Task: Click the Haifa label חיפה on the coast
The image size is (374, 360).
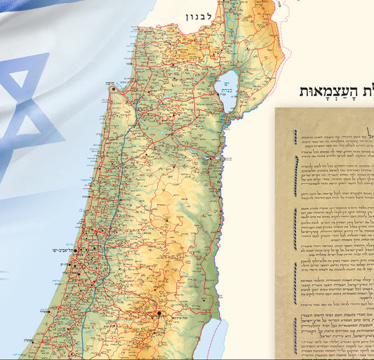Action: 121,84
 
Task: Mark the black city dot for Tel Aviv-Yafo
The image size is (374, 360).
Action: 79,249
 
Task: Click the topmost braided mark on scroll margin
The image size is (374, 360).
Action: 295,136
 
